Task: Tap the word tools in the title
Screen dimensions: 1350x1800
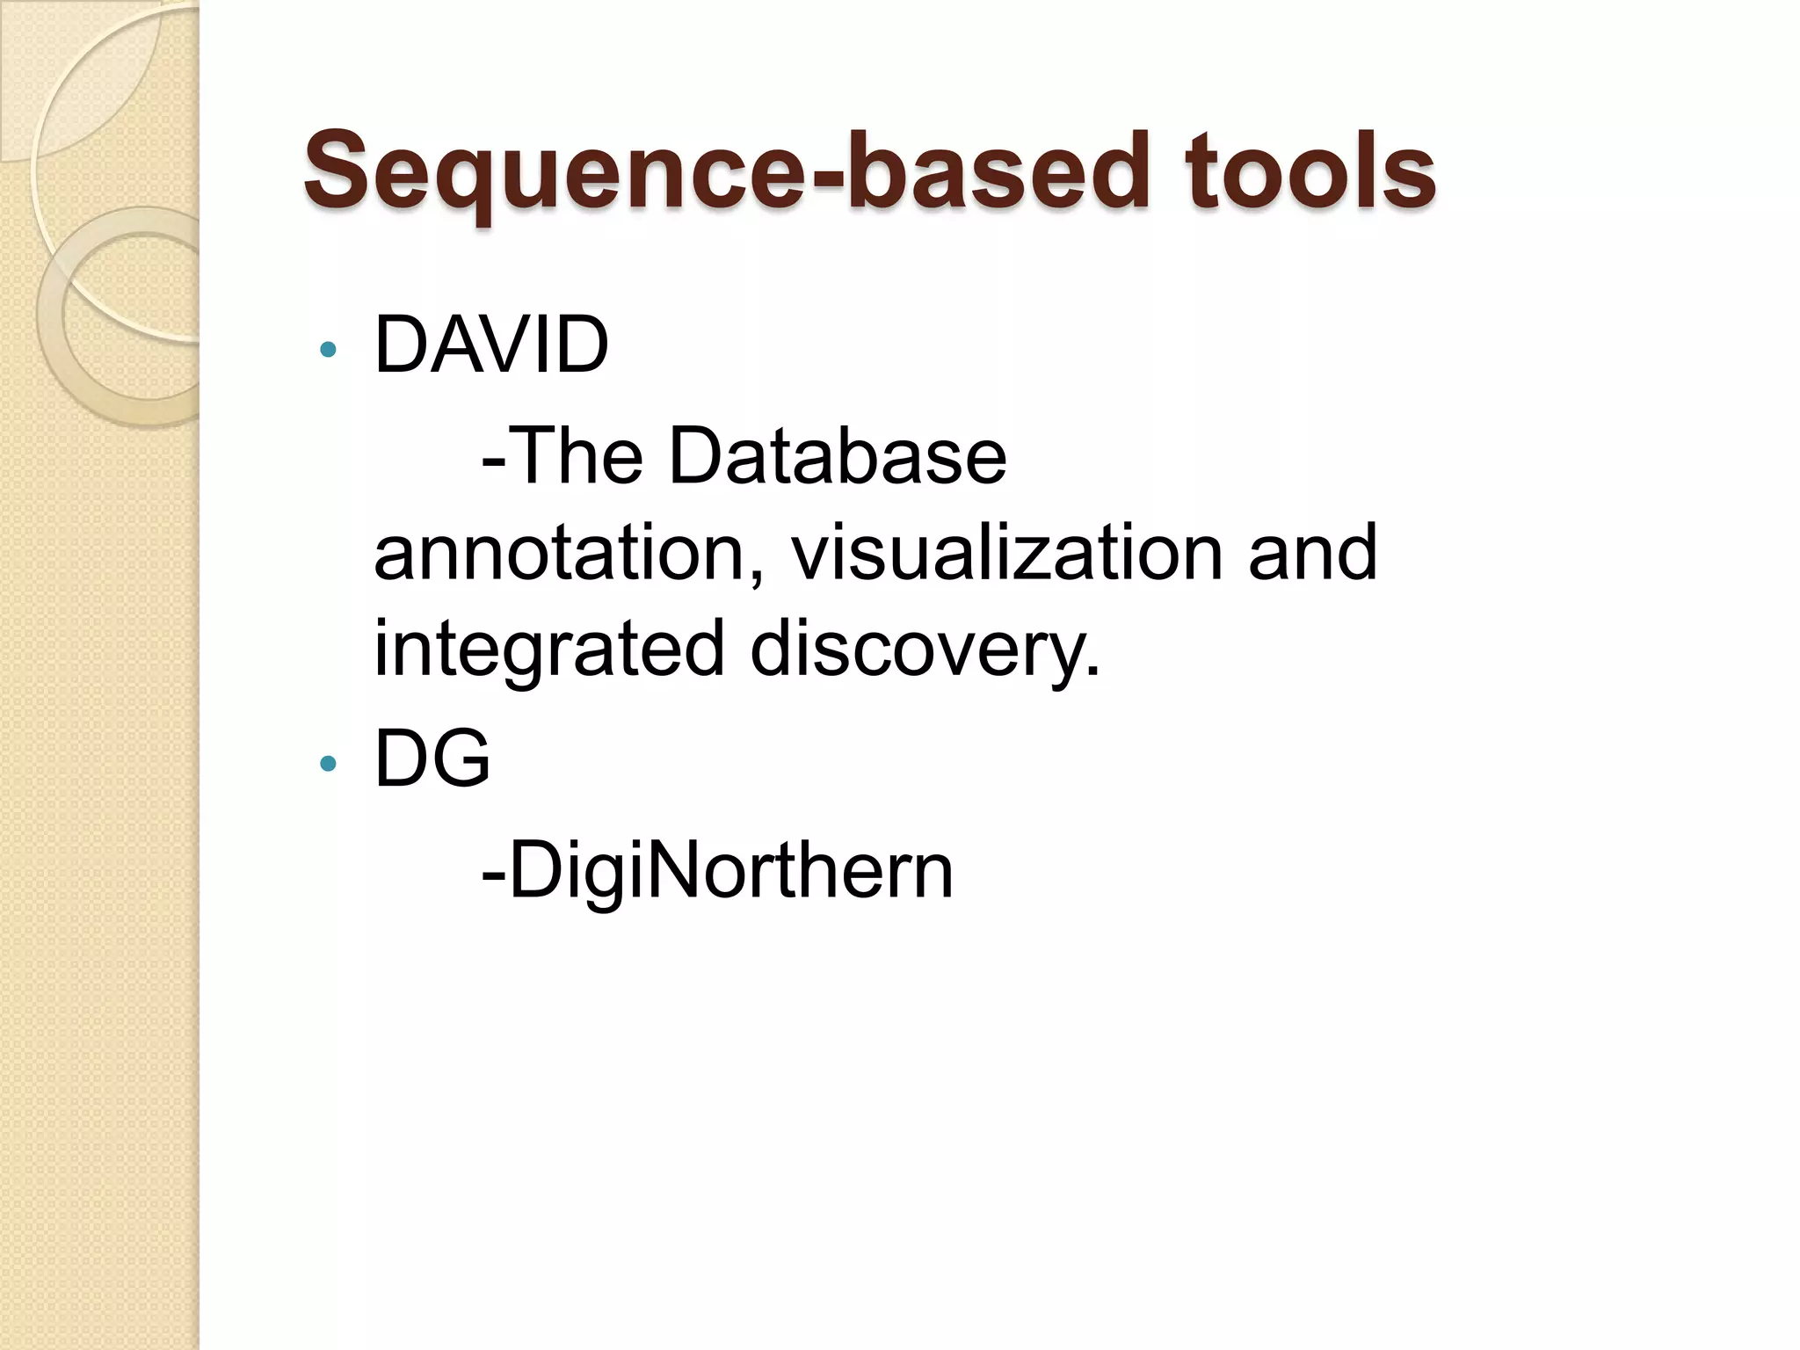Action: pos(1309,171)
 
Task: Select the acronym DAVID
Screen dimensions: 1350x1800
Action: pos(490,345)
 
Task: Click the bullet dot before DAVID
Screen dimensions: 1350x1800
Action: pos(329,350)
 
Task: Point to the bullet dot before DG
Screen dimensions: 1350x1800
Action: pos(329,764)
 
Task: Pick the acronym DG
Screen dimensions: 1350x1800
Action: pos(432,758)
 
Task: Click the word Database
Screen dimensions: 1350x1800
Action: pos(837,457)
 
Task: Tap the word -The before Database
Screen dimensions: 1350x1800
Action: pos(562,457)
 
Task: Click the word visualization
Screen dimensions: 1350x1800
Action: pos(1006,554)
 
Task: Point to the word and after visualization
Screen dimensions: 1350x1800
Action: pos(1312,554)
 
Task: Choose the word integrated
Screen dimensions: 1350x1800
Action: pos(549,650)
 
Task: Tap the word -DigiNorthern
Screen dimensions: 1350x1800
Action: pos(717,871)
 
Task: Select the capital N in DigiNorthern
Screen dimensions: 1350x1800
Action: pos(676,869)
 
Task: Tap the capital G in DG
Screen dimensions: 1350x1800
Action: pos(461,758)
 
